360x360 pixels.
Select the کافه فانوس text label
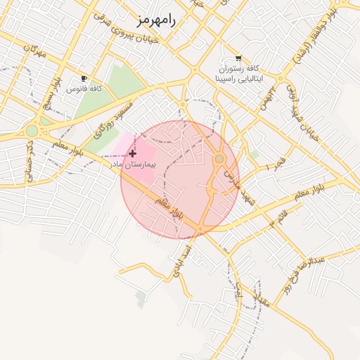click(84, 89)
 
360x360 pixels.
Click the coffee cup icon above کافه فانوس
click(84, 78)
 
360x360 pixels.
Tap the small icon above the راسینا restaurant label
click(238, 58)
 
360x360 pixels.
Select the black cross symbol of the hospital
click(132, 153)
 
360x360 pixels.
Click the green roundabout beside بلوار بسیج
click(32, 130)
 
